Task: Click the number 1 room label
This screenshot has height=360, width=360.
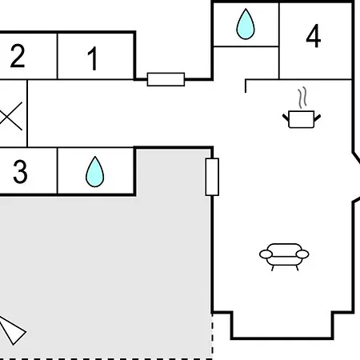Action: click(x=93, y=58)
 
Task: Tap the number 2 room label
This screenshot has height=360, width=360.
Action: click(x=18, y=56)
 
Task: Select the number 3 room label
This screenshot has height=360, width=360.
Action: click(x=20, y=172)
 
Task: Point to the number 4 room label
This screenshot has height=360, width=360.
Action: click(x=314, y=36)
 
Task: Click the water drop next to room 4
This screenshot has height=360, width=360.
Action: click(x=246, y=24)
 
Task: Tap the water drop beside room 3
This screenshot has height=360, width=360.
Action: click(x=94, y=172)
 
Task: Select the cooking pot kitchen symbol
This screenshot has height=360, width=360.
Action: click(x=302, y=119)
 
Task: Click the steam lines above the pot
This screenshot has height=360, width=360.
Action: click(x=302, y=98)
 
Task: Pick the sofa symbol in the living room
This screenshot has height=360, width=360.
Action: click(x=284, y=257)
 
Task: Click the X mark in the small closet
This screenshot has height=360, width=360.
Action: click(x=11, y=116)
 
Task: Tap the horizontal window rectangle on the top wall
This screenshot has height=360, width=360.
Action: click(x=166, y=79)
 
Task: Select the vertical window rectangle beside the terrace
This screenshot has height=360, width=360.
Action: click(x=212, y=177)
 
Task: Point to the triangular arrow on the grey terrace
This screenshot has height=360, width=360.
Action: click(x=12, y=330)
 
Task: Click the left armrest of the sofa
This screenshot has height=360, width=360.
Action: click(x=266, y=254)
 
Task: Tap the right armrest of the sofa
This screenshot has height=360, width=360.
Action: click(x=302, y=254)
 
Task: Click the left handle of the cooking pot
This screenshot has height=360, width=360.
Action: click(x=286, y=118)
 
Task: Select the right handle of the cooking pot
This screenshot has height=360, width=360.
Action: click(x=318, y=118)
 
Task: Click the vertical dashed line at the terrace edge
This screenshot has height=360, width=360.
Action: click(x=213, y=337)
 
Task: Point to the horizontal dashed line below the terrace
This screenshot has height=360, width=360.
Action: click(x=106, y=359)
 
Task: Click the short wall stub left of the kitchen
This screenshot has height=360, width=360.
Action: click(x=246, y=86)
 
